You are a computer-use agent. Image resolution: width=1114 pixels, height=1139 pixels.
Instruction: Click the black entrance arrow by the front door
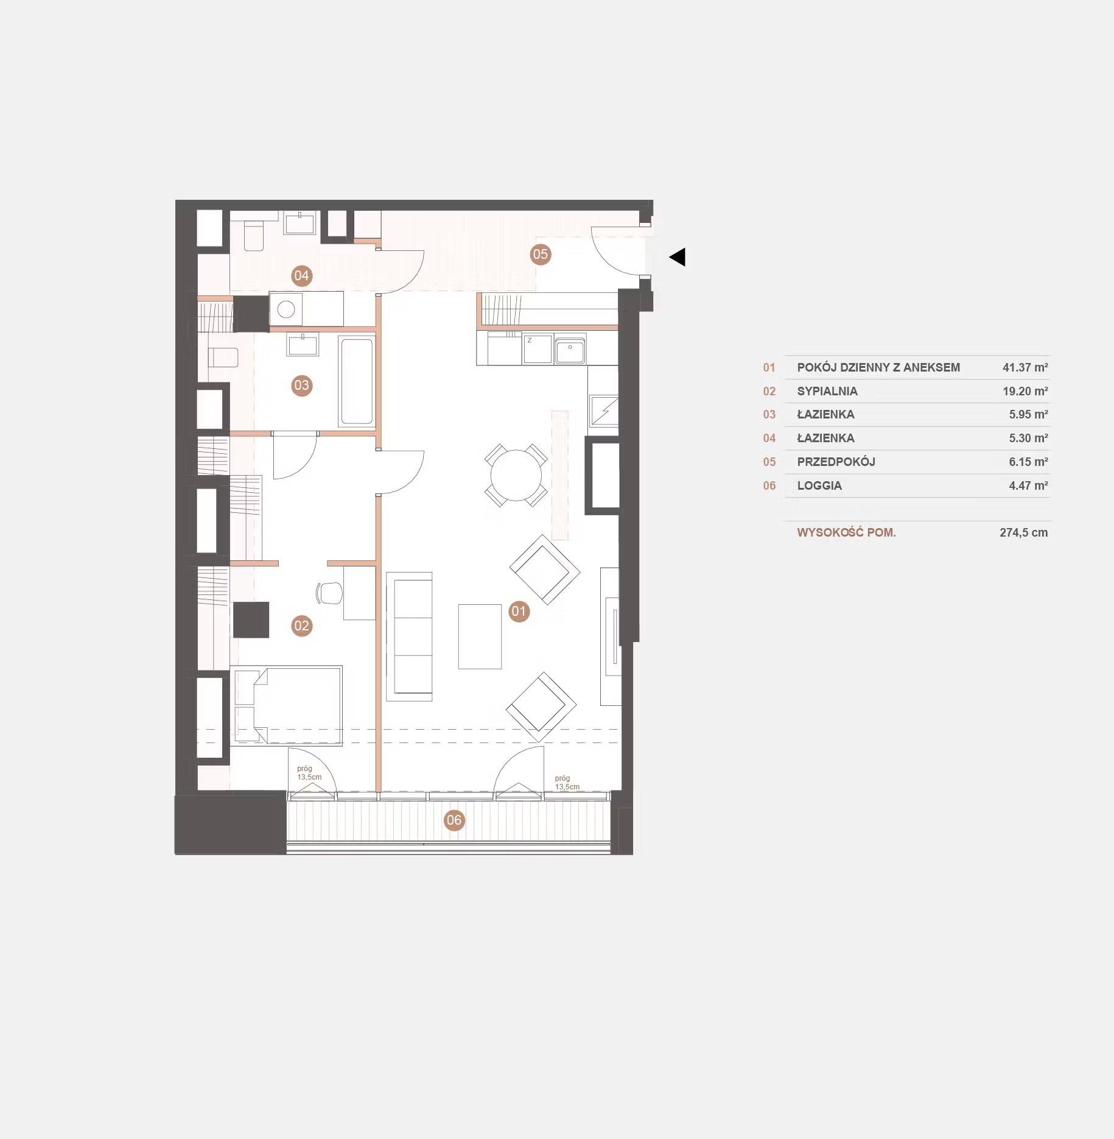pyautogui.click(x=678, y=257)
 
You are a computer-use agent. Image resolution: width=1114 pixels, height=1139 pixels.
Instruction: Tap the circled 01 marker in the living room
pyautogui.click(x=519, y=611)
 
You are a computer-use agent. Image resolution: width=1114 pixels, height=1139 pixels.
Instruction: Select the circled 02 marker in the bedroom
pyautogui.click(x=301, y=626)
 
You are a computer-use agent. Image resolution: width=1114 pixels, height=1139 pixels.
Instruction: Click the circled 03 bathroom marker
pyautogui.click(x=301, y=385)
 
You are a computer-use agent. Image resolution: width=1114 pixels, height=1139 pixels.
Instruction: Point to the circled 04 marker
pyautogui.click(x=301, y=275)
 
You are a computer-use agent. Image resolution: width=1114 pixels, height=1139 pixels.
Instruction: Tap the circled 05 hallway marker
pyautogui.click(x=540, y=254)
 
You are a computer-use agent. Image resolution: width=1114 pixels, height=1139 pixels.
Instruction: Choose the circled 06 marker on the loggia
pyautogui.click(x=454, y=820)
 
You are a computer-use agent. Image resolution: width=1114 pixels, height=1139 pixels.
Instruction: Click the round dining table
pyautogui.click(x=516, y=475)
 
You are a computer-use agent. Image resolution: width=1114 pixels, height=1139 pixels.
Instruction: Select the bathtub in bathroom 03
pyautogui.click(x=357, y=381)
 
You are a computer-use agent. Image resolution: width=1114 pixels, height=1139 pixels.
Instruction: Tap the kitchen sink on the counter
pyautogui.click(x=570, y=350)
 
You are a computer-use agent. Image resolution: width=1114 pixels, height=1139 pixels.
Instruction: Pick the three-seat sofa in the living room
pyautogui.click(x=410, y=636)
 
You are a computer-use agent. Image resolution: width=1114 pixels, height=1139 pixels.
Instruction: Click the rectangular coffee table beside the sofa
pyautogui.click(x=480, y=636)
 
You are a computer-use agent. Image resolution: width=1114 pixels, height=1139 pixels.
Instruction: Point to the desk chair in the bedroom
pyautogui.click(x=329, y=593)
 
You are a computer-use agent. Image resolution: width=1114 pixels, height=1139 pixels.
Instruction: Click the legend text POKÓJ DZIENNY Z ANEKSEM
pyautogui.click(x=878, y=367)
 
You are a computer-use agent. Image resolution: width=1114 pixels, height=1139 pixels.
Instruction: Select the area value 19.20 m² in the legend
pyautogui.click(x=1025, y=391)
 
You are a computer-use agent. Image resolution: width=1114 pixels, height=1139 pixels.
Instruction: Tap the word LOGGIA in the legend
pyautogui.click(x=819, y=485)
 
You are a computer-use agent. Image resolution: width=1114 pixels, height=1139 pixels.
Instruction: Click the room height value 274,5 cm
pyautogui.click(x=1023, y=532)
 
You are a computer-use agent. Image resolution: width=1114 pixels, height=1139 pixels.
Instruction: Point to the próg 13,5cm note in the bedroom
pyautogui.click(x=309, y=773)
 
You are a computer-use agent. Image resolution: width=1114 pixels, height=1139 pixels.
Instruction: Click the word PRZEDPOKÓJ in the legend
pyautogui.click(x=836, y=462)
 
